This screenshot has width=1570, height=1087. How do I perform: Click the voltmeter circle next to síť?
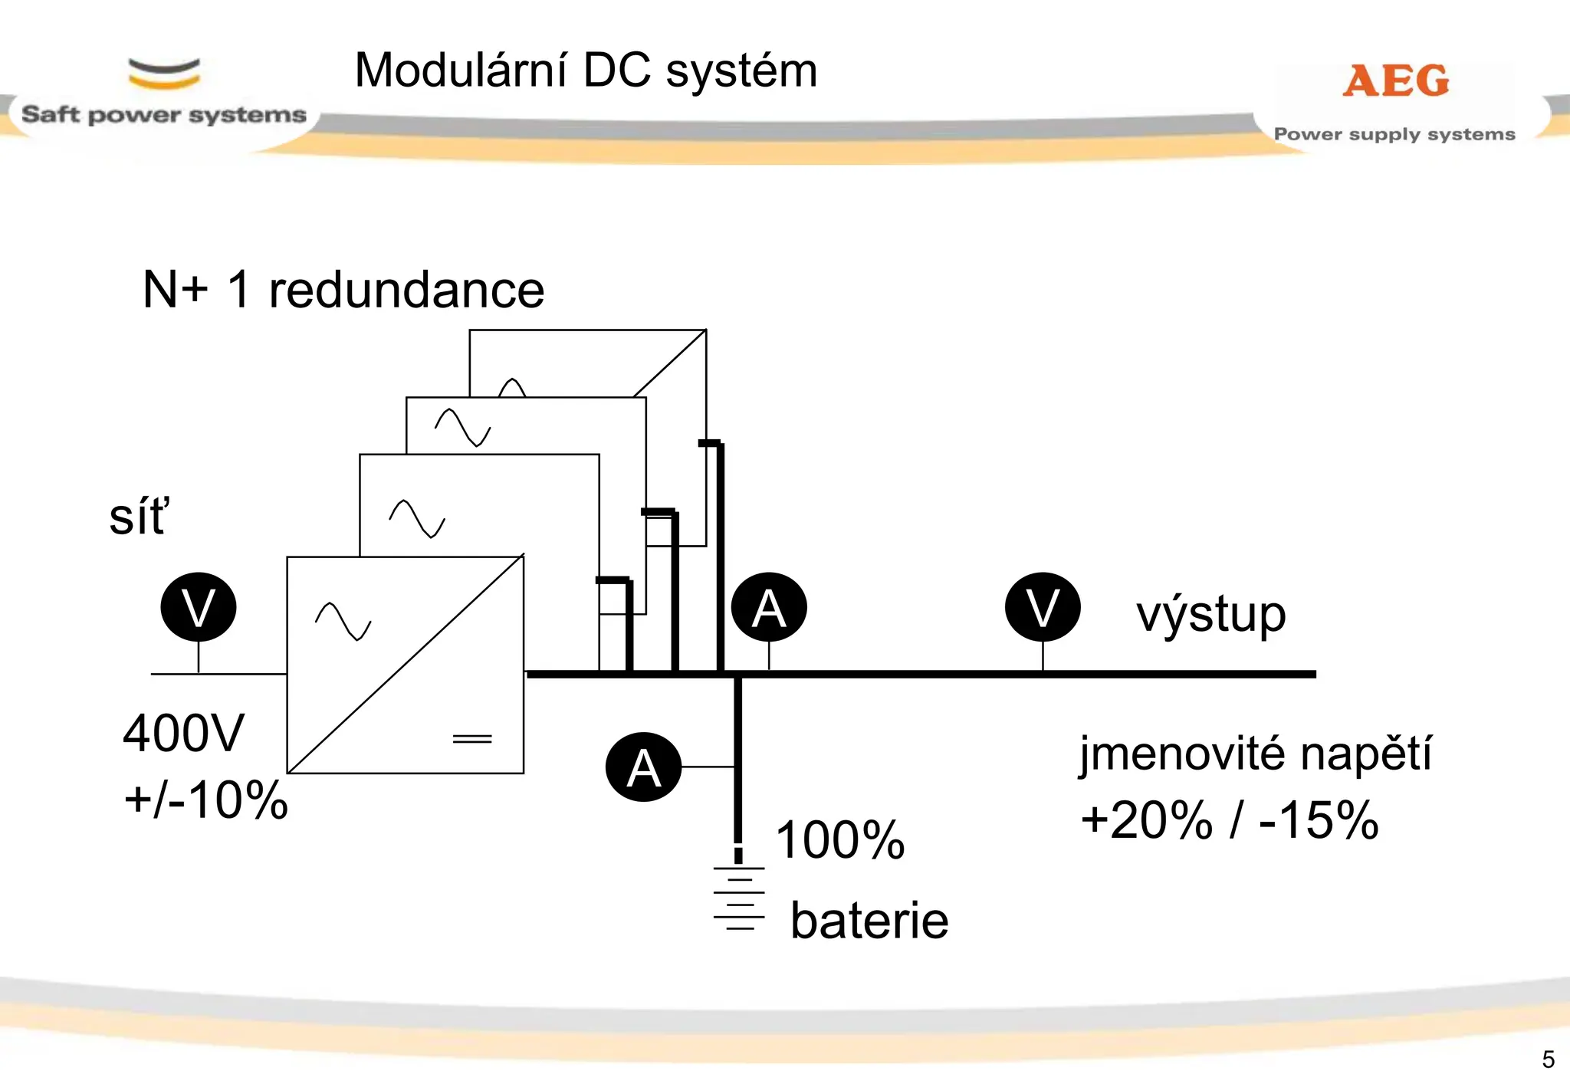coord(199,606)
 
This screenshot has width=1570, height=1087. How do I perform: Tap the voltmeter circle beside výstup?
coord(1043,606)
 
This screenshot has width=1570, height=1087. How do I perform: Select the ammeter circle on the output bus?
coord(769,606)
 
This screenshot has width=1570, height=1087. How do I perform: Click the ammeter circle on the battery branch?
coord(643,767)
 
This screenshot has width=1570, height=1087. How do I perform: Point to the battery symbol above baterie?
coord(739,898)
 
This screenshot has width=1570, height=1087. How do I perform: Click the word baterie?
coord(869,920)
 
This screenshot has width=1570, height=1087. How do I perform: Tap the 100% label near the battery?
coord(840,839)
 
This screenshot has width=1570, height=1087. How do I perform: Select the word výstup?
coord(1211,615)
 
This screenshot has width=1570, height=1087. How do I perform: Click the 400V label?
coord(183,733)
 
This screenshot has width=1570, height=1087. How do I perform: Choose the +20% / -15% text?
coord(1230,819)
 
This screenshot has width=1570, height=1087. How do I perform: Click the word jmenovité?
coord(1182,754)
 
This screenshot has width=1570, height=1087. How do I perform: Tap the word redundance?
coord(406,290)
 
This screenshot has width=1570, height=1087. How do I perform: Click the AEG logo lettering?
coord(1396,80)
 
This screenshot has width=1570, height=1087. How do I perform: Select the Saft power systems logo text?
coord(164,115)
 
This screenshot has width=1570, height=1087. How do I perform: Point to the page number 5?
coord(1549,1059)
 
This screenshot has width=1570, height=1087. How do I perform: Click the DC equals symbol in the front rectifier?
coord(472,739)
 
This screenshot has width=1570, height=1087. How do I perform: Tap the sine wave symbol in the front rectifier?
coord(343,621)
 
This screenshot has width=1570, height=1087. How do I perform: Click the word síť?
coord(140,516)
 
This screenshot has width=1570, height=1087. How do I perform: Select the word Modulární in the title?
coord(461,71)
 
